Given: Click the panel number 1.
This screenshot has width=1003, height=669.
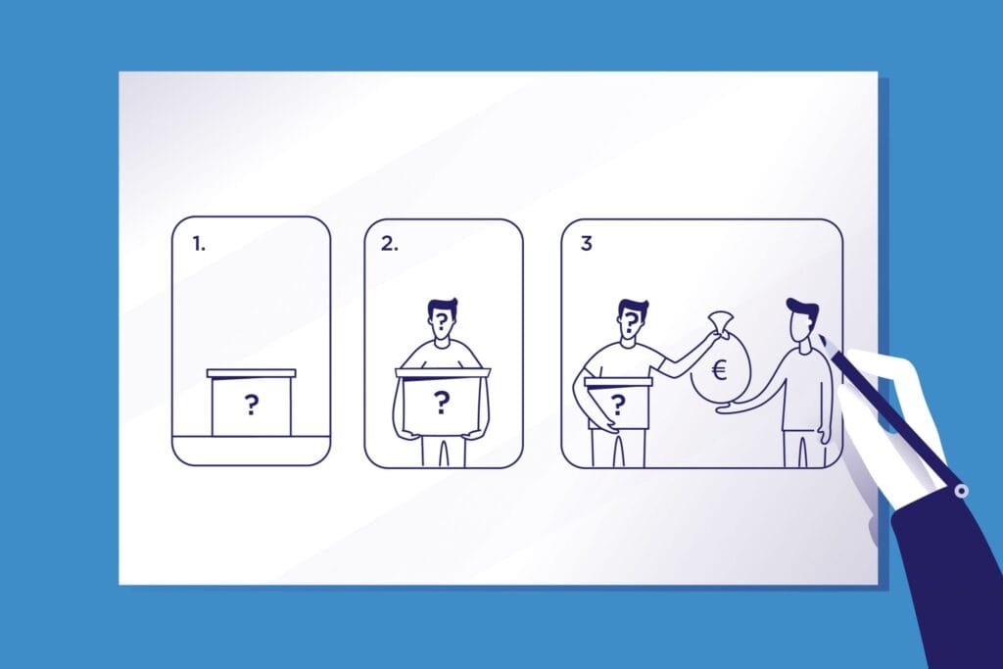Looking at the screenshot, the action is [x=199, y=244].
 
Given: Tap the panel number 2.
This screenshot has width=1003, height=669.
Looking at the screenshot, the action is [x=389, y=244].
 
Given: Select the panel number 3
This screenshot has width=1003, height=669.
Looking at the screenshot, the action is [x=586, y=244].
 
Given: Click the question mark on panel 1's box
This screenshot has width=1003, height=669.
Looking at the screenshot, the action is [x=252, y=405].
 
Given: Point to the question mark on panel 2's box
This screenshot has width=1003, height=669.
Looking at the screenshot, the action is [x=442, y=403].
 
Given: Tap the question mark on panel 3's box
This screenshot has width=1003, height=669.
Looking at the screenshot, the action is [x=618, y=405].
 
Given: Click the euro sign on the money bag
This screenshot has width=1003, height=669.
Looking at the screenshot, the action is [x=720, y=369].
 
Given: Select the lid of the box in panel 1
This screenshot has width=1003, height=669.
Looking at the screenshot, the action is [x=252, y=373].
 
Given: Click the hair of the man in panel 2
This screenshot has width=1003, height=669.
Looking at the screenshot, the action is [x=442, y=306].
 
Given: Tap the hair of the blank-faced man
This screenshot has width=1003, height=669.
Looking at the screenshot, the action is [x=804, y=310].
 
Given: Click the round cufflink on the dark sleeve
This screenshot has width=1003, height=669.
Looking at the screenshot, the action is [x=961, y=491].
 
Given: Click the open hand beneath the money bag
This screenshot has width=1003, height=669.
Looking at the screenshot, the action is [x=733, y=406].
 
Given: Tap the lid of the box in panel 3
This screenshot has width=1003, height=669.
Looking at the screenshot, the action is [x=618, y=382].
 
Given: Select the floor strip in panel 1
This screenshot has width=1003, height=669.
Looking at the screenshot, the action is [x=252, y=450].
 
